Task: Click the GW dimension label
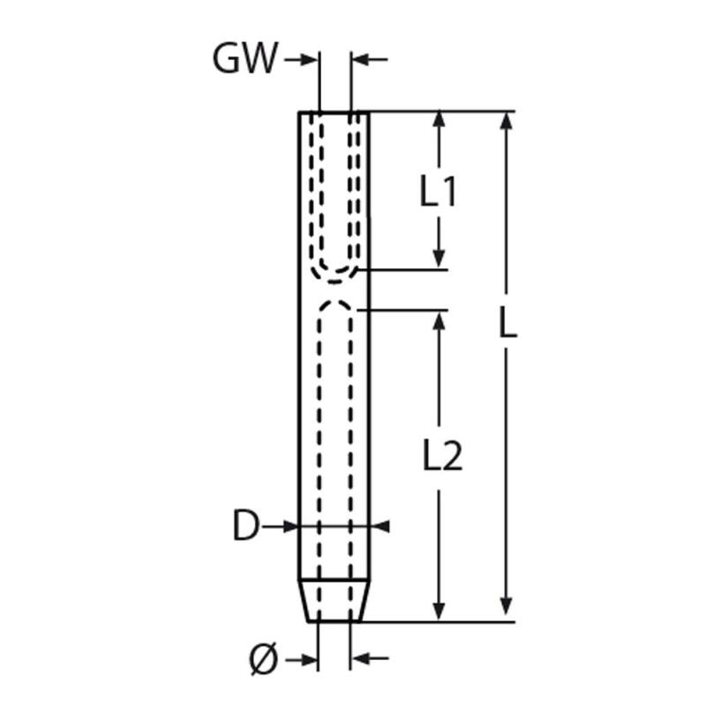[x=245, y=58]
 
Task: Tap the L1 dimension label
[x=438, y=191]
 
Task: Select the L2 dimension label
[x=443, y=456]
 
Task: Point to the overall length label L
[x=508, y=323]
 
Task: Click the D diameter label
[x=246, y=526]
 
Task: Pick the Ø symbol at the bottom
[x=264, y=659]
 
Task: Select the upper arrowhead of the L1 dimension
[x=439, y=119]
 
